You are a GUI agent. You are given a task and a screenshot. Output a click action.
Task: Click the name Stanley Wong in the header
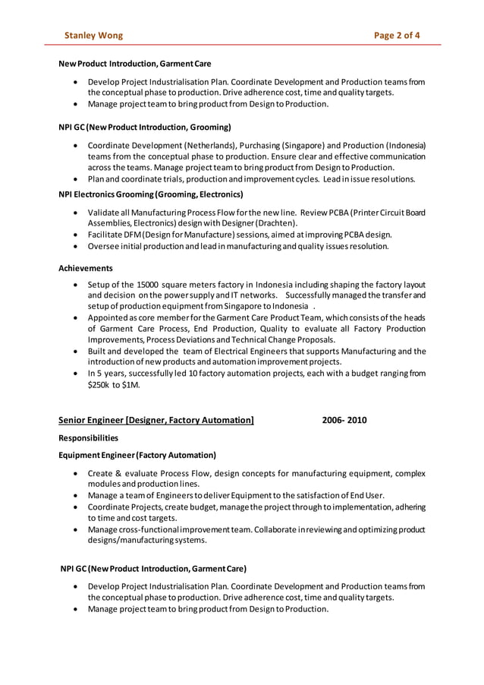click(x=93, y=35)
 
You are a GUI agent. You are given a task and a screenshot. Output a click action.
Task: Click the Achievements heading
click(x=86, y=268)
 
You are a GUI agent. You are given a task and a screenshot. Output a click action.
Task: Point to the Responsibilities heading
click(x=88, y=438)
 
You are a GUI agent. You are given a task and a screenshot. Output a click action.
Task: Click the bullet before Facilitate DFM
click(x=77, y=235)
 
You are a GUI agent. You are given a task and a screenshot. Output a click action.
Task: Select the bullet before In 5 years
click(x=77, y=374)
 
